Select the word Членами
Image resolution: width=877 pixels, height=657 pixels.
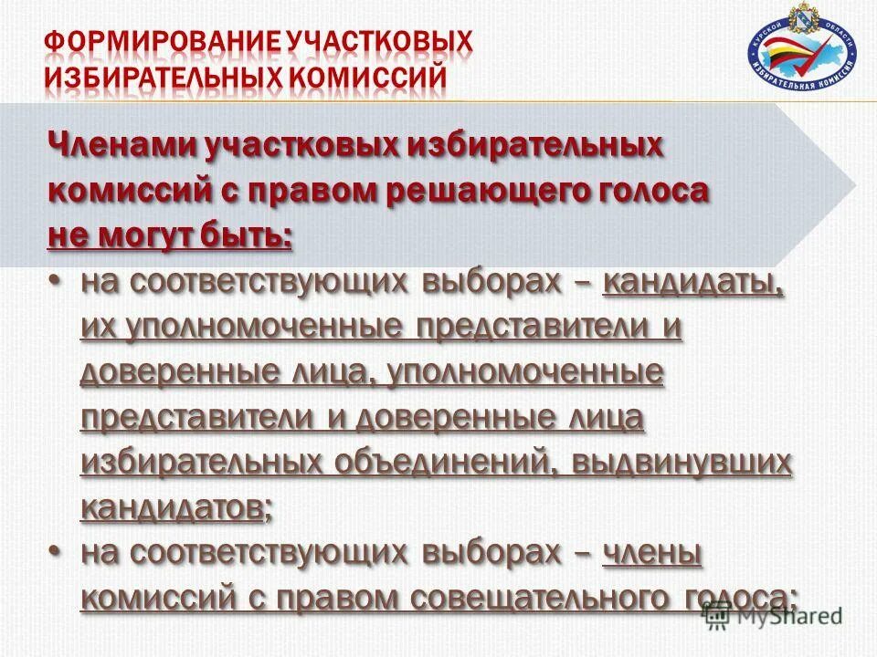pos(123,145)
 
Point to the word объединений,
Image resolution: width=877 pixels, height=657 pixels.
pos(442,462)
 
